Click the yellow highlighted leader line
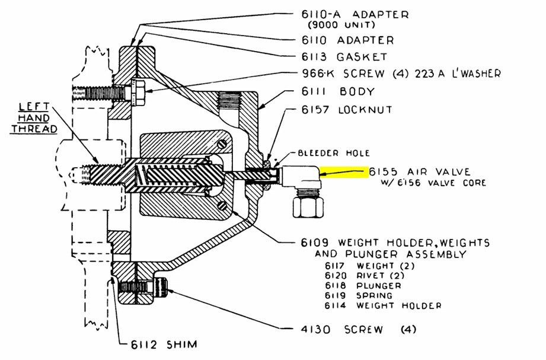(x=344, y=173)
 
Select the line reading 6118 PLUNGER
(x=362, y=285)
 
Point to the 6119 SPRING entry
(x=358, y=295)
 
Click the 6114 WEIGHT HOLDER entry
(x=382, y=305)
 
